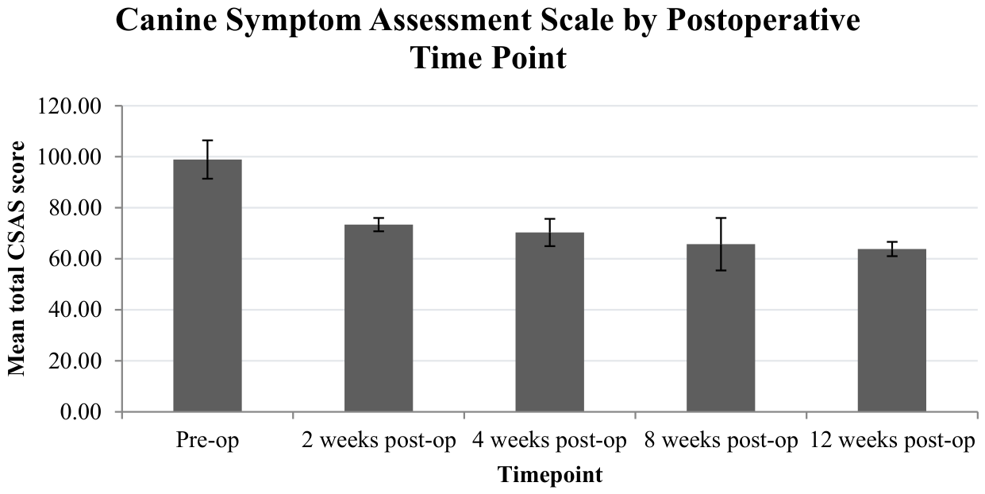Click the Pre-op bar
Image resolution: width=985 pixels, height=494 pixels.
pyautogui.click(x=207, y=285)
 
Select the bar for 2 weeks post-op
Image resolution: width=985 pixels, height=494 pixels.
pyautogui.click(x=379, y=318)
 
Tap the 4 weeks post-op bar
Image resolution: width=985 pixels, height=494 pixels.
pyautogui.click(x=550, y=322)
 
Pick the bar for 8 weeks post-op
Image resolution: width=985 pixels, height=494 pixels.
pyautogui.click(x=721, y=328)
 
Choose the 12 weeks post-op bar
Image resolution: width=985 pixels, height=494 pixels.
pyautogui.click(x=892, y=330)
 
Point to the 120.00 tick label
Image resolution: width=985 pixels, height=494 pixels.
pyautogui.click(x=70, y=106)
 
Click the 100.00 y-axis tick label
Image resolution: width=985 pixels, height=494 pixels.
pyautogui.click(x=70, y=157)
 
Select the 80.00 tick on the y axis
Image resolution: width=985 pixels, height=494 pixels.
pyautogui.click(x=75, y=208)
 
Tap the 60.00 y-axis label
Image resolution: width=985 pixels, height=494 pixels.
pyautogui.click(x=75, y=259)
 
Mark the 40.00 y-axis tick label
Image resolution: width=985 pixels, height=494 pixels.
pyautogui.click(x=75, y=310)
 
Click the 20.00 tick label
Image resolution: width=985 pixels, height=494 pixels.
pyautogui.click(x=75, y=361)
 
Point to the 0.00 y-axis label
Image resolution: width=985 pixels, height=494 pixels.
pyautogui.click(x=81, y=412)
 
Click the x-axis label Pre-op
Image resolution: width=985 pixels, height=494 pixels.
pyautogui.click(x=207, y=440)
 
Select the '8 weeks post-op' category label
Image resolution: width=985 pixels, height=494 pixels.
pyautogui.click(x=721, y=440)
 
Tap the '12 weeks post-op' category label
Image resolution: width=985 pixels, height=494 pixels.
pyautogui.click(x=892, y=440)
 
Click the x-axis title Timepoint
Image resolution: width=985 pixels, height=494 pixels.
pyautogui.click(x=550, y=476)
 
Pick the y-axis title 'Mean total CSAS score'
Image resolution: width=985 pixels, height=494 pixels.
pyautogui.click(x=17, y=259)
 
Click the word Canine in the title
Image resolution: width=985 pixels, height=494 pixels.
pyautogui.click(x=166, y=21)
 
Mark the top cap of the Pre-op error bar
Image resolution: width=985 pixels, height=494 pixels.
pyautogui.click(x=207, y=141)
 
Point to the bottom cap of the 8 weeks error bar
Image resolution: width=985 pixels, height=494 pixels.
pyautogui.click(x=721, y=270)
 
